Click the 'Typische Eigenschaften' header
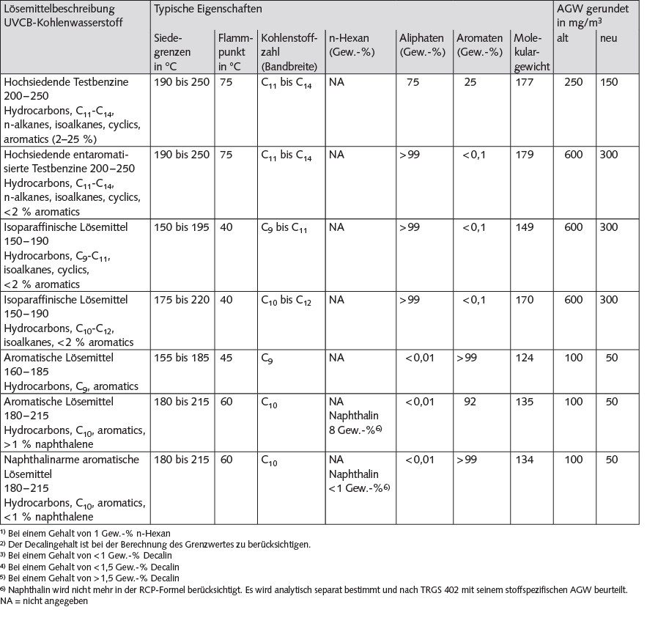[x=207, y=10]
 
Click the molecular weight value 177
[x=524, y=82]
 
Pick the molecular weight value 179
[x=524, y=155]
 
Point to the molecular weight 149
[x=524, y=227]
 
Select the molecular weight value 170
[x=524, y=300]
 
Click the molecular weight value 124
[x=524, y=358]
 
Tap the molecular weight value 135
[x=524, y=402]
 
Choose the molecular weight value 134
[x=524, y=460]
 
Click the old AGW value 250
[x=573, y=82]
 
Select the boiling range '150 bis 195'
[x=182, y=227]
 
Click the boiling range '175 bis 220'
[x=182, y=300]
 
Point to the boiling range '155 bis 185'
[x=182, y=358]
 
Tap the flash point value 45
[x=226, y=358]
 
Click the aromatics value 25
[x=470, y=82]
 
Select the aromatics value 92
[x=470, y=402]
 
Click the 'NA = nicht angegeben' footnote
[x=45, y=601]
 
